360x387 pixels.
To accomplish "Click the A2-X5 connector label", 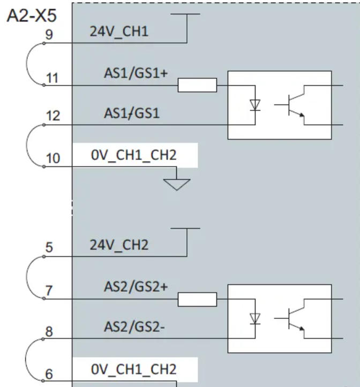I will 31,16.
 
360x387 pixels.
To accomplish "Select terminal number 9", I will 49,35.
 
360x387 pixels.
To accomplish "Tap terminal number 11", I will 51,78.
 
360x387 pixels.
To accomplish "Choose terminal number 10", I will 53,159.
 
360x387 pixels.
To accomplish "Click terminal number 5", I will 49,248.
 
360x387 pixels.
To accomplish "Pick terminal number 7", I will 49,291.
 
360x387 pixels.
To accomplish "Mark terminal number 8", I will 49,332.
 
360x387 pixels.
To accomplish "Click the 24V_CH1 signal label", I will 119,32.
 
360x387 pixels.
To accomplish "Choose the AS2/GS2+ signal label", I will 136,286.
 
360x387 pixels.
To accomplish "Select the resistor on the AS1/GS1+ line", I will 197,85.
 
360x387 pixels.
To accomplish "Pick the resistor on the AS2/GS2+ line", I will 197,299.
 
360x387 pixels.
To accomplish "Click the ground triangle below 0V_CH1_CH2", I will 177,184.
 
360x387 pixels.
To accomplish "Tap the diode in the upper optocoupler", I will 256,104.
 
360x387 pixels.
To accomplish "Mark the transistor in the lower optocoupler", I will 292,320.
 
